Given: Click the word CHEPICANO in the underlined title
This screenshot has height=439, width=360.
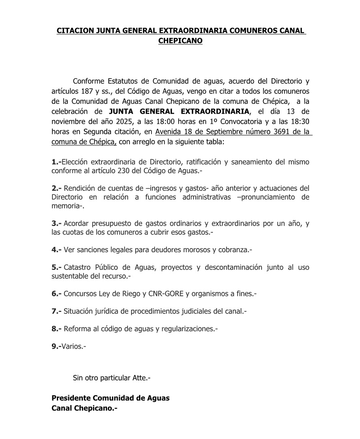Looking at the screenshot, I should [x=180, y=41].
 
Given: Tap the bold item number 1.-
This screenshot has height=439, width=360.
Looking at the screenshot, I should [x=56, y=161].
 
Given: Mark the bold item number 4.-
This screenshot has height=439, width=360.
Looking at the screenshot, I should [x=56, y=250].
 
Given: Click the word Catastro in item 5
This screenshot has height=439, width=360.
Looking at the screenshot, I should [x=78, y=267].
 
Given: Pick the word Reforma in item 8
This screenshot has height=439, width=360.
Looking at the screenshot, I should [x=77, y=329].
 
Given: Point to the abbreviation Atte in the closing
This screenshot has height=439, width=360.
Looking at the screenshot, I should [x=138, y=377].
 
